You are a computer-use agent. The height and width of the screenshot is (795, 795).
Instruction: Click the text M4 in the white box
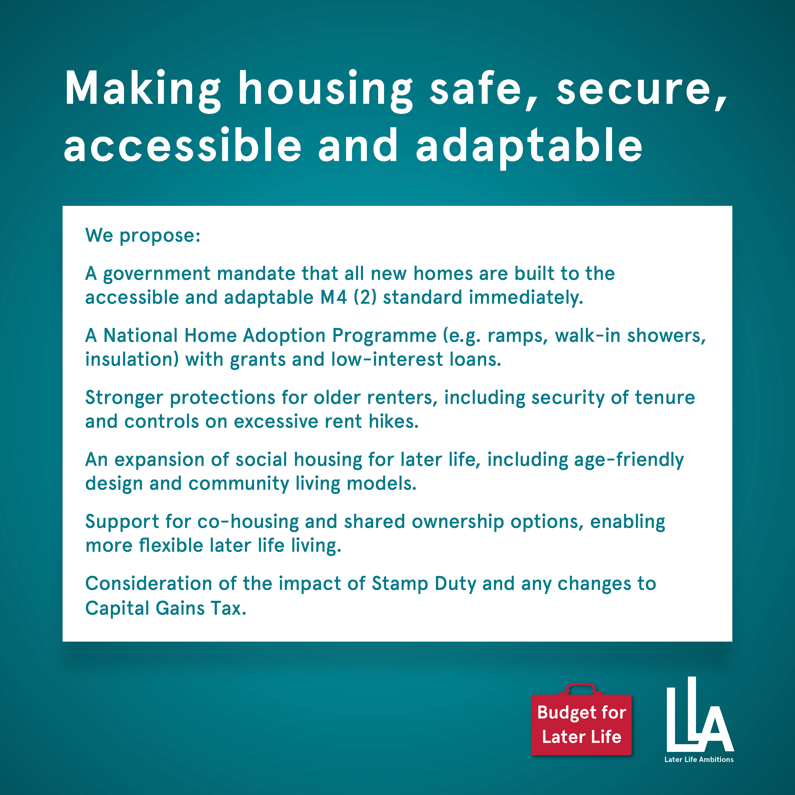333,297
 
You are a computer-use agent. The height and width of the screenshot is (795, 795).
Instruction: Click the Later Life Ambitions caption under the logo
699,759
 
